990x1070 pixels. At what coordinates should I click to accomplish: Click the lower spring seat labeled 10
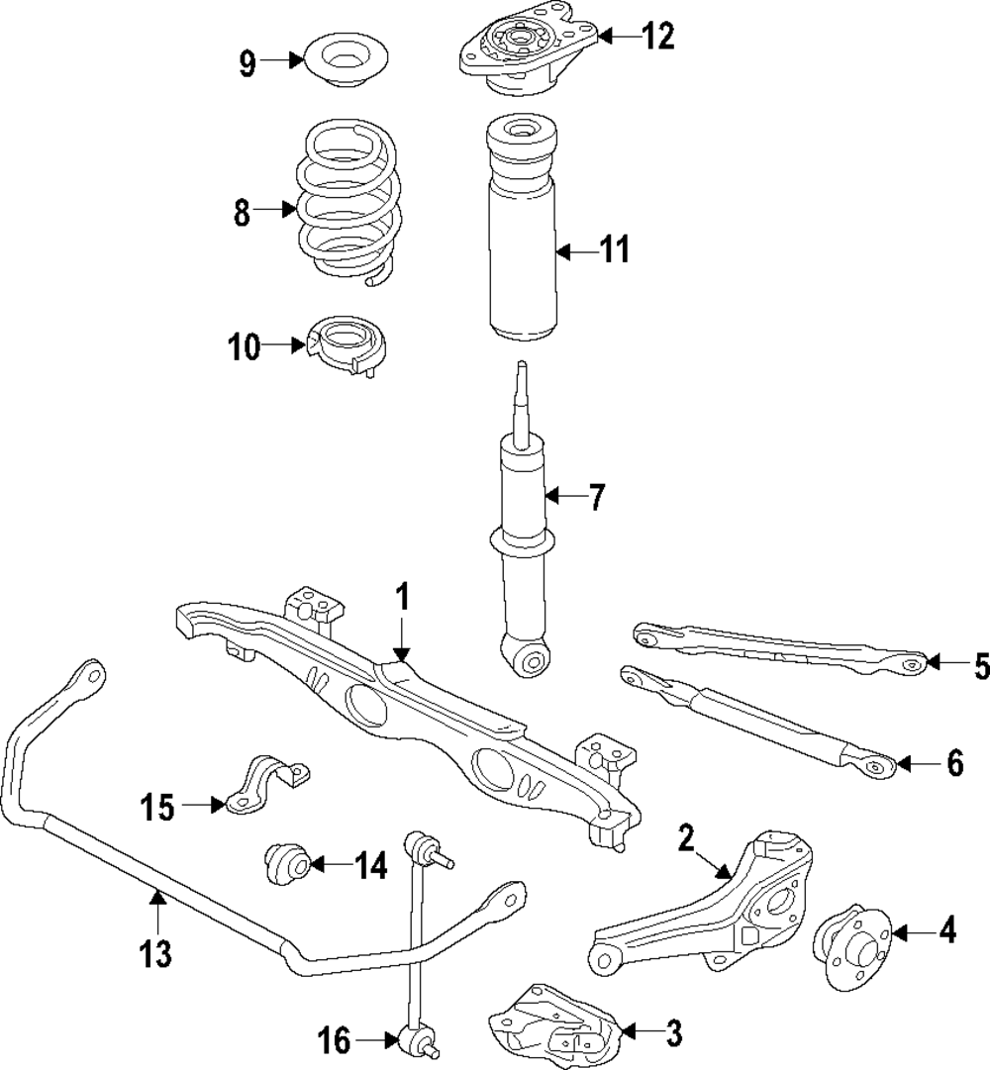click(347, 347)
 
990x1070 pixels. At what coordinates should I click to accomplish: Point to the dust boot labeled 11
click(520, 238)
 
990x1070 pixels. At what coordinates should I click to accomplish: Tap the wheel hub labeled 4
click(848, 932)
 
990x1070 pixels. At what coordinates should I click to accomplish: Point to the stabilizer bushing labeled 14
click(286, 864)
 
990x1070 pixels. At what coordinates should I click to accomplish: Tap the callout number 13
click(155, 954)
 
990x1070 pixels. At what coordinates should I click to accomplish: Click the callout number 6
click(954, 763)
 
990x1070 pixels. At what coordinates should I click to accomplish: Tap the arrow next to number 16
click(375, 1040)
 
